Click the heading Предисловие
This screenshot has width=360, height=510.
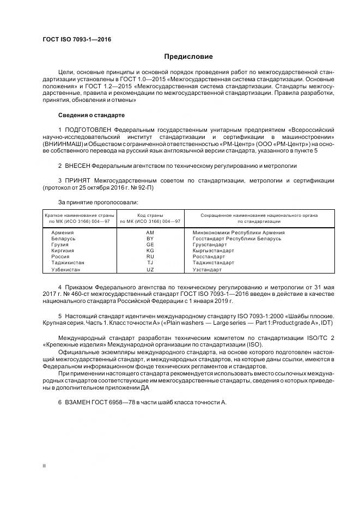[188, 57]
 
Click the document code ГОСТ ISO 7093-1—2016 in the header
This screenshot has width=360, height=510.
[73, 40]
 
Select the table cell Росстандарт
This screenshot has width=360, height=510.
[209, 257]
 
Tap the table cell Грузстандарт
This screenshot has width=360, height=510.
[210, 245]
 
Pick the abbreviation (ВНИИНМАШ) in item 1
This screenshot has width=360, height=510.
[62, 144]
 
